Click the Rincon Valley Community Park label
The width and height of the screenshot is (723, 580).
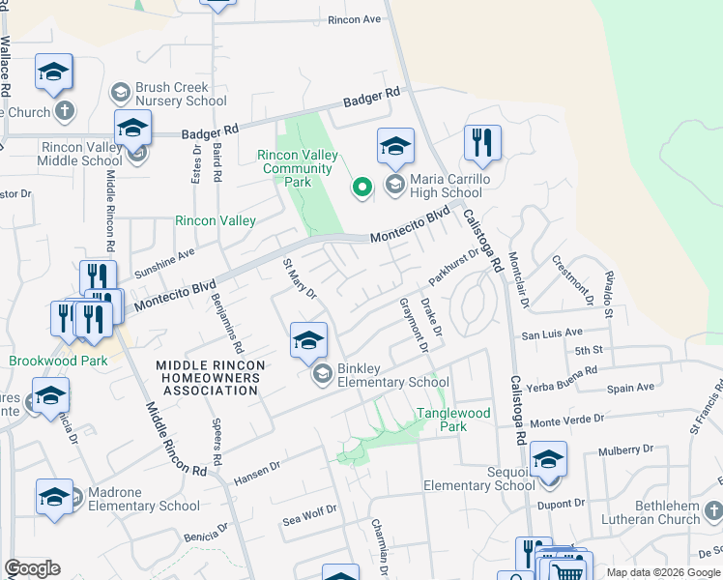(x=298, y=168)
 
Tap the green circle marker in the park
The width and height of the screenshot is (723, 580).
(x=362, y=188)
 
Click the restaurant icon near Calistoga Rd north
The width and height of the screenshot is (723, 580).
(x=481, y=143)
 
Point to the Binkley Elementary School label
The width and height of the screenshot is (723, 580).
(x=392, y=375)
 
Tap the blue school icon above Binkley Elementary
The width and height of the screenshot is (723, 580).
(x=308, y=340)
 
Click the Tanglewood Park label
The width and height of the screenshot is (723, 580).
(x=453, y=420)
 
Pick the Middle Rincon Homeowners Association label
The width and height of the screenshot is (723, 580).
(x=208, y=377)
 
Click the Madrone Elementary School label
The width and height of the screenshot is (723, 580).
(x=144, y=499)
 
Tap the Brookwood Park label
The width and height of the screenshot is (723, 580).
(x=58, y=361)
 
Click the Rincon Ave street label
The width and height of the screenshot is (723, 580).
(x=355, y=19)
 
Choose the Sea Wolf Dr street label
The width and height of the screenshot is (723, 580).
(x=309, y=513)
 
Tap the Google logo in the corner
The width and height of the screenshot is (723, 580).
(x=32, y=568)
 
